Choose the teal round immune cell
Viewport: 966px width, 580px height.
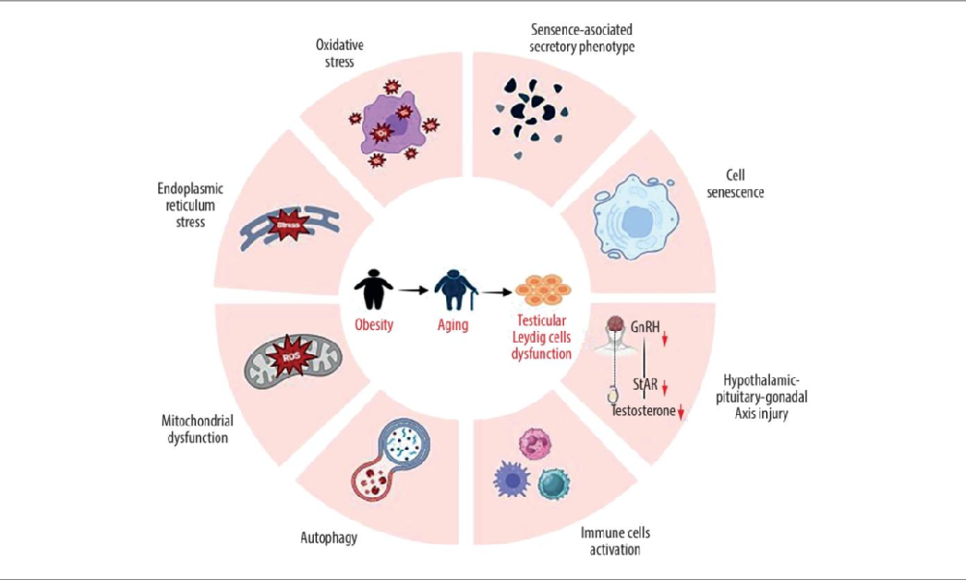click(x=555, y=483)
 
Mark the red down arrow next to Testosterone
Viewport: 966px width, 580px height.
click(x=681, y=412)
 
